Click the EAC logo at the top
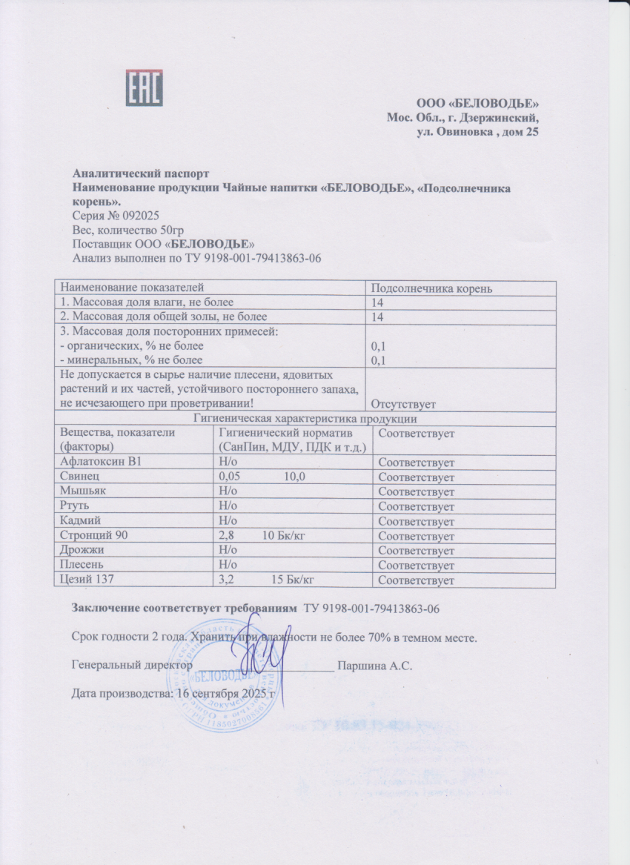pos(144,88)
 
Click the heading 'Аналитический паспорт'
pos(135,174)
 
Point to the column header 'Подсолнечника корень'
pos(431,288)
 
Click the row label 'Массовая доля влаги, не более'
pos(147,302)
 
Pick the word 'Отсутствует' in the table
pos(406,404)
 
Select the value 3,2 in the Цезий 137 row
pos(226,580)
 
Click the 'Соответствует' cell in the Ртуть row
pos(416,507)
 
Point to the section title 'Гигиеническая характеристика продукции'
pos(305,419)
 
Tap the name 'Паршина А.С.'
pos(374,666)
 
